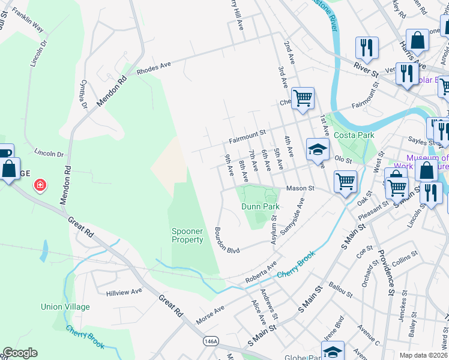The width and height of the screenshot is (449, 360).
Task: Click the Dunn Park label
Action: [261, 206]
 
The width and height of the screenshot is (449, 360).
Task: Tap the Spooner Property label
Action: [187, 235]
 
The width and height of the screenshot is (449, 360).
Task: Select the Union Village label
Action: [65, 307]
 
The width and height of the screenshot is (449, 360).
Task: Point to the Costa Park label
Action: [354, 136]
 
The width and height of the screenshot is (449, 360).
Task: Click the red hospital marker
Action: [40, 185]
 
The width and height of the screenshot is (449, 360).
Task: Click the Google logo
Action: [20, 353]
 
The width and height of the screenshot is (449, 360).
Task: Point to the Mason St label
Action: [300, 188]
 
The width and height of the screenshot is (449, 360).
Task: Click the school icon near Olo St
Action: [317, 151]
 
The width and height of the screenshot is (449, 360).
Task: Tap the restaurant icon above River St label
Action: [366, 47]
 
